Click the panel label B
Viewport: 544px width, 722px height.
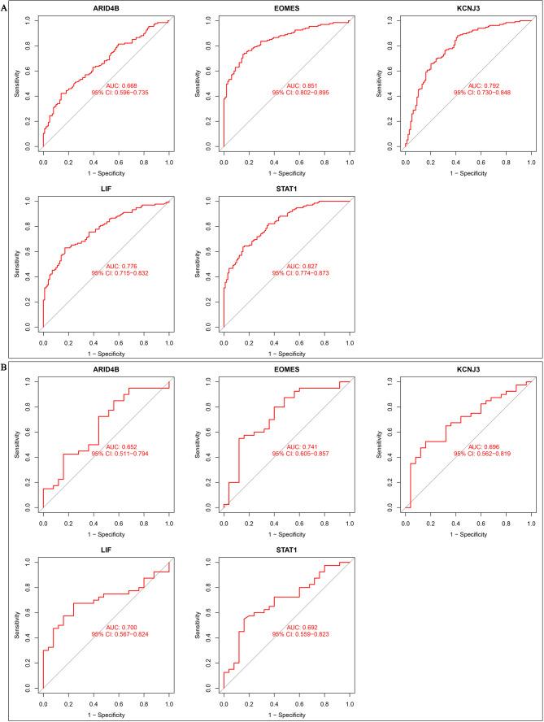click(x=5, y=368)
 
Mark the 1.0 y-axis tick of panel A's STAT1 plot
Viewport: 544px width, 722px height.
click(x=211, y=200)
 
